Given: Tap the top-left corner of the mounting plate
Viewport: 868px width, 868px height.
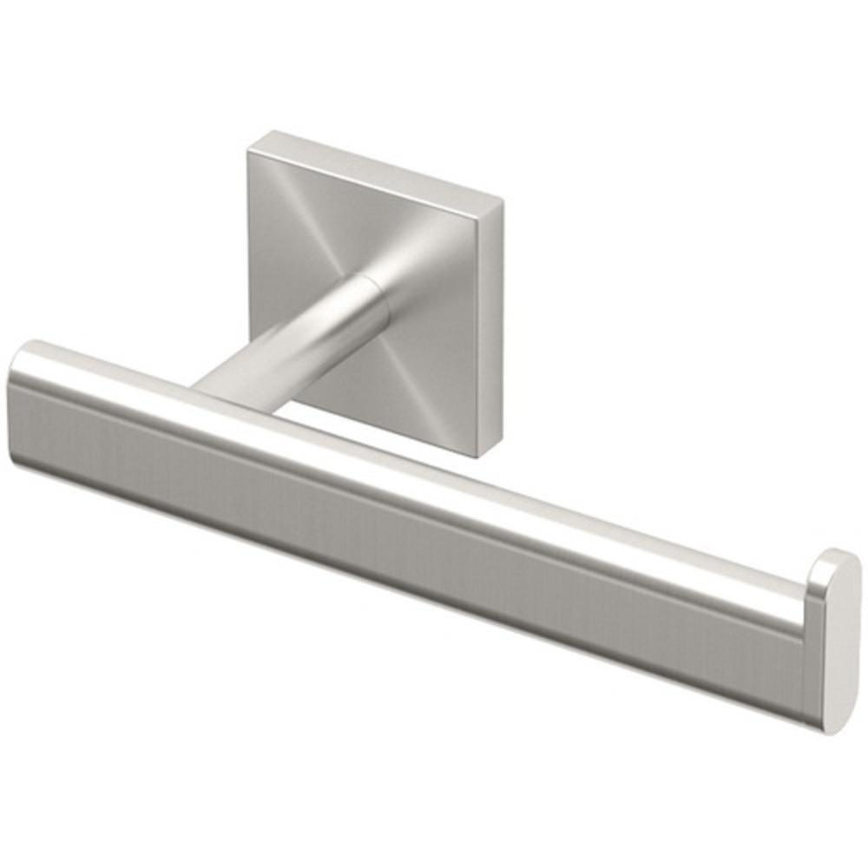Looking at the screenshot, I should tap(248, 149).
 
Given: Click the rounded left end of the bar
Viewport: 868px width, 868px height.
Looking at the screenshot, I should tap(19, 382).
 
